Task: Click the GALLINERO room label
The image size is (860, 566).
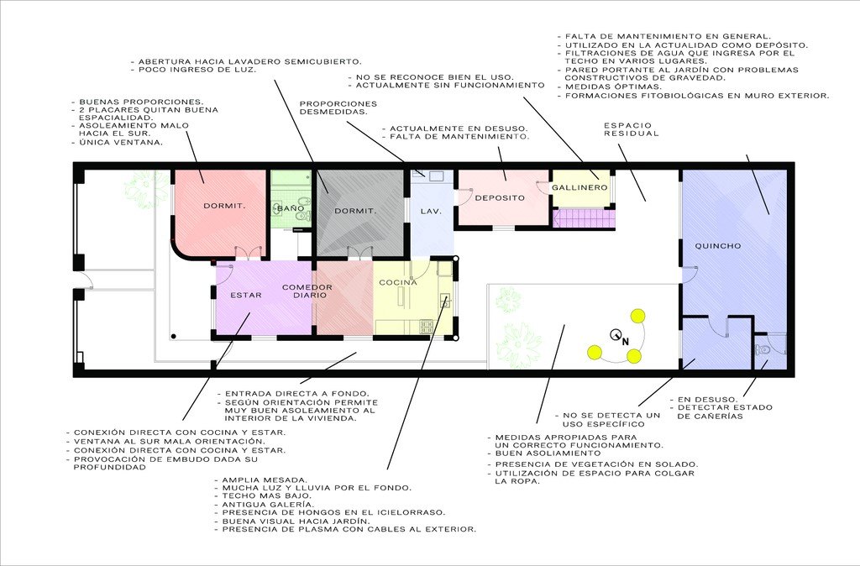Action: coord(579,187)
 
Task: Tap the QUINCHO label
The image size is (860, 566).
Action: coord(718,246)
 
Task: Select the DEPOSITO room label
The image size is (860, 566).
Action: coord(500,198)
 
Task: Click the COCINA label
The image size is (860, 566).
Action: coord(398,282)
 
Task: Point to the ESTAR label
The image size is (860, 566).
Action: coord(246,295)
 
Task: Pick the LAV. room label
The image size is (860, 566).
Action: coord(431,211)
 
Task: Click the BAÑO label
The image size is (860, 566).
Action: coord(291,208)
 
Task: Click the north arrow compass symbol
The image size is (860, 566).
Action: coord(619,336)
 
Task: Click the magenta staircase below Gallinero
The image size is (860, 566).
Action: coord(583,218)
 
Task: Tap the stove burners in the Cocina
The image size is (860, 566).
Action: coord(426,327)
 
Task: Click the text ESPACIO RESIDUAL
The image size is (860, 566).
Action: coord(632,129)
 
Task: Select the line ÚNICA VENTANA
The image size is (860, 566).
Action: coord(118,143)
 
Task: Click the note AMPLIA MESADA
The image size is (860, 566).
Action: coord(261,480)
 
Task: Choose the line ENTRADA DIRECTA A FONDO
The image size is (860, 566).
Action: coord(293,394)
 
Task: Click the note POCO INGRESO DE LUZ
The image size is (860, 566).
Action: coord(194,71)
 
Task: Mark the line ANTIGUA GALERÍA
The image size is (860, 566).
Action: coord(265,505)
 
